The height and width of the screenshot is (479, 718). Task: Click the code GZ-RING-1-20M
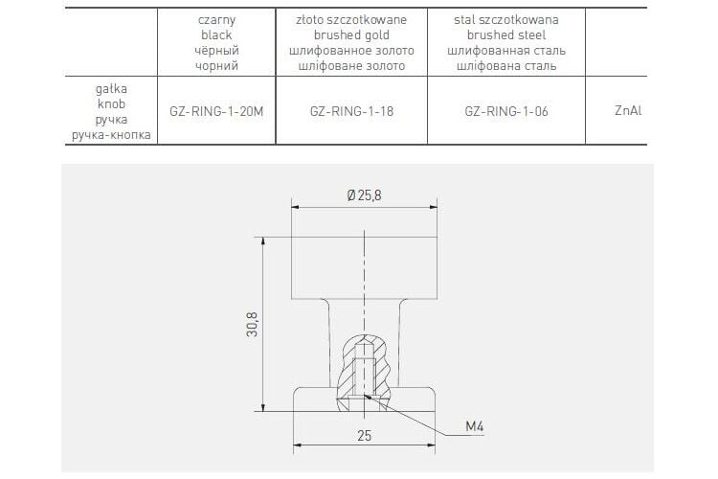click(216, 111)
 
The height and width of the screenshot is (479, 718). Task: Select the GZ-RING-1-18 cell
click(351, 111)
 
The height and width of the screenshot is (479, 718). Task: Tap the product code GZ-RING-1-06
click(506, 111)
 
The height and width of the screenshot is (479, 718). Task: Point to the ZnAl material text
click(628, 110)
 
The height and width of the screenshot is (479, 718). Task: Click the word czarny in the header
click(216, 20)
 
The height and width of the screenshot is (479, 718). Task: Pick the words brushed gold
click(351, 35)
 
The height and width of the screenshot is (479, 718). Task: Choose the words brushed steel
click(506, 35)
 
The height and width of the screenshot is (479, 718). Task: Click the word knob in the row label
click(111, 104)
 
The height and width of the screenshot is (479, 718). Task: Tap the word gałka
click(111, 89)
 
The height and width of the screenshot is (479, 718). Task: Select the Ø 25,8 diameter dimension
click(364, 195)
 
